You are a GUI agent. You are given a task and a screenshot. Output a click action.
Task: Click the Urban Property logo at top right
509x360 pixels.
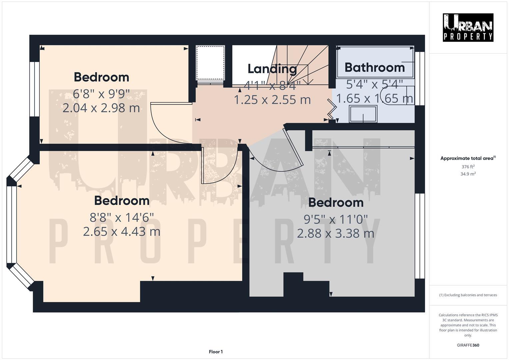[468, 27]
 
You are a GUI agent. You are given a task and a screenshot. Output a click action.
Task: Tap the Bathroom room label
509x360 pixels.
[374, 67]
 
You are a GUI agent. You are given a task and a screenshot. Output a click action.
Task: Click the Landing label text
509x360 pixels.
[272, 69]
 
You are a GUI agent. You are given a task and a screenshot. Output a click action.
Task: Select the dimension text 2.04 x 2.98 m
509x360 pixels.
[101, 108]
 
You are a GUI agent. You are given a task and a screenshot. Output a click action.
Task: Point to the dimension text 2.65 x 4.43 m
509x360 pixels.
[122, 231]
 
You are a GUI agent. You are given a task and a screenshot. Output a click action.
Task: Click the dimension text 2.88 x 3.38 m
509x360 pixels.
[335, 233]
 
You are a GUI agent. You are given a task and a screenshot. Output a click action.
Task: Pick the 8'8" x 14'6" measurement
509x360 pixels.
[122, 218]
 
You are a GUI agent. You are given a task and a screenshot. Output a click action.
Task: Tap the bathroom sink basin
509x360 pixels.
[363, 114]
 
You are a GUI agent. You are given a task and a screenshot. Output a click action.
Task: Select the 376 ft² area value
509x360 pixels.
[468, 167]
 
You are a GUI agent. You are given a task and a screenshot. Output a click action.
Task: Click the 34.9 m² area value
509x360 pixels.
[468, 174]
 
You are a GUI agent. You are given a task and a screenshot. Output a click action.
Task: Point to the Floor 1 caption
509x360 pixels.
[216, 352]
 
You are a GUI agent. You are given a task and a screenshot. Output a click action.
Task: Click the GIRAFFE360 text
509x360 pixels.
[468, 345]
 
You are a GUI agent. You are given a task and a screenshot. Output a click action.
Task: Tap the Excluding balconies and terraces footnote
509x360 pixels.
[468, 295]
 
